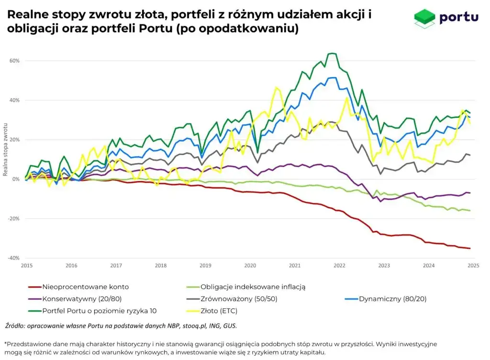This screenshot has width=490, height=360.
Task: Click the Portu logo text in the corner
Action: tap(458, 17)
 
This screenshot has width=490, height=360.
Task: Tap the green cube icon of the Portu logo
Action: tap(425, 17)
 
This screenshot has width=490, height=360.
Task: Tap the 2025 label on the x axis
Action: tap(473, 265)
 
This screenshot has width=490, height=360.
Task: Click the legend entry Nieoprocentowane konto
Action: tap(86, 287)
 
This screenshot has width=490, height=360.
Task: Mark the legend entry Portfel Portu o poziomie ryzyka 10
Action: tap(99, 311)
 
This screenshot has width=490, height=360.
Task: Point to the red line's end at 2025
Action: tap(470, 248)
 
